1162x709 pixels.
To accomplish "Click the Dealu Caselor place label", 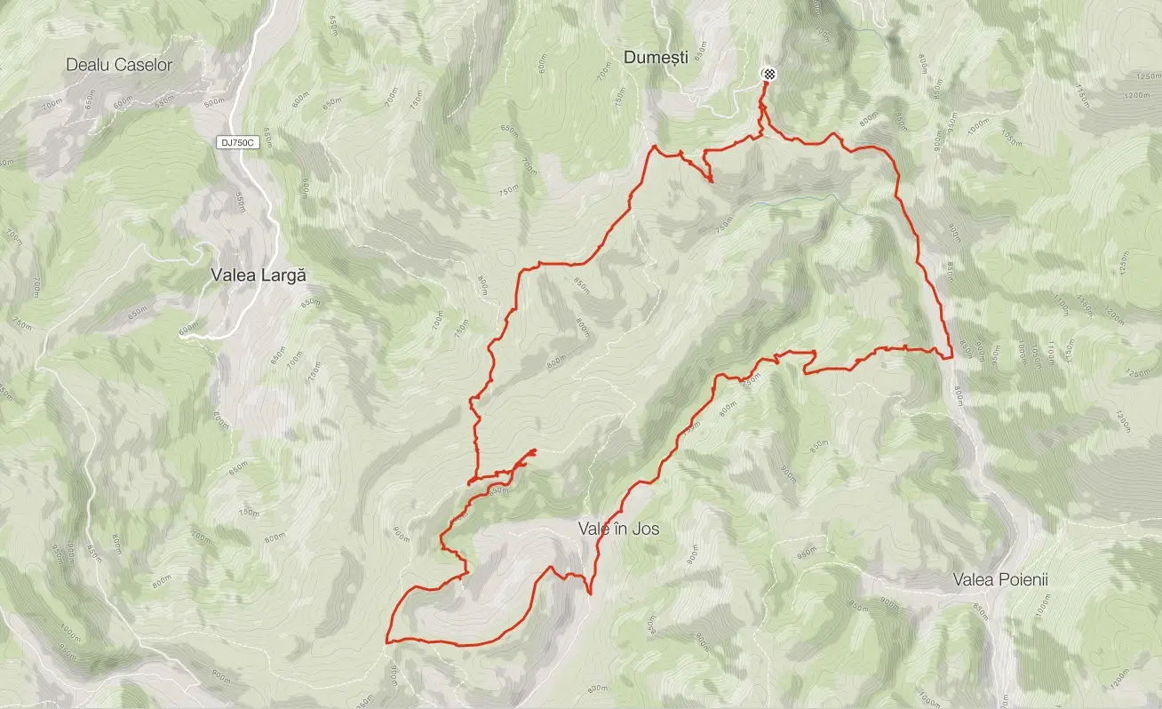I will point(120,65).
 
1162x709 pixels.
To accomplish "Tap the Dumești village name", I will point(657,58).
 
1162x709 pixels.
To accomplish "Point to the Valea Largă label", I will point(259,275).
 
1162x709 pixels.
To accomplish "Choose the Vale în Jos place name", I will point(618,529).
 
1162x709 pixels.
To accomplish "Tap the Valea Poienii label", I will point(1000,580).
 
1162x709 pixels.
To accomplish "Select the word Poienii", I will point(1023,580).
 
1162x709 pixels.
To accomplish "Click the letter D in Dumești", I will point(630,58).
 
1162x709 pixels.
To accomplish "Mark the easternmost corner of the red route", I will point(952,356).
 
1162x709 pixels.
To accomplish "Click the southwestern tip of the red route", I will point(387,640).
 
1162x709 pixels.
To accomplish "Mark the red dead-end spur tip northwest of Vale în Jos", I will point(536,451).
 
